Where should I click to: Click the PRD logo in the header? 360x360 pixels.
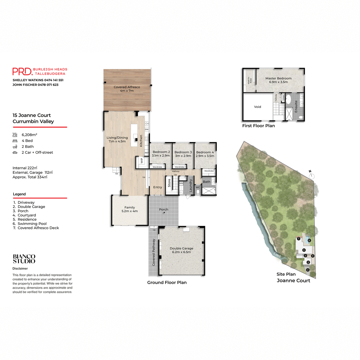click(x=22, y=71)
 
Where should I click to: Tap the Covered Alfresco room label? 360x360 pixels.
click(x=127, y=89)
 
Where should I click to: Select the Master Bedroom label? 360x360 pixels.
click(x=278, y=80)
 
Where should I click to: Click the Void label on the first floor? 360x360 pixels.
click(x=257, y=107)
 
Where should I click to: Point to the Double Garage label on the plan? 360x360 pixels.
click(x=181, y=250)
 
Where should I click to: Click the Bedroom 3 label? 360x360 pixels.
click(x=183, y=154)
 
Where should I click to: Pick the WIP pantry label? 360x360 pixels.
click(x=142, y=161)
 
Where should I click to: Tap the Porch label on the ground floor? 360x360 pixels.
click(x=163, y=209)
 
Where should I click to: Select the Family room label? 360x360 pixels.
click(x=130, y=209)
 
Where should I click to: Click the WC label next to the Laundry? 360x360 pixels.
click(x=198, y=187)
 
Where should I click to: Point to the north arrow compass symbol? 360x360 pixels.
click(x=311, y=175)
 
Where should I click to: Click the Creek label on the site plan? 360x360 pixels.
click(x=277, y=255)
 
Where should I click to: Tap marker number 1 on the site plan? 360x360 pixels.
click(x=308, y=270)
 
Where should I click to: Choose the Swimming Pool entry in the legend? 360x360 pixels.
click(x=32, y=223)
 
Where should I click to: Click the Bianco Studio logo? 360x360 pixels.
click(x=24, y=259)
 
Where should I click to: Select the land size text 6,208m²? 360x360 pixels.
click(x=29, y=135)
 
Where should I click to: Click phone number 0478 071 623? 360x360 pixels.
click(x=48, y=85)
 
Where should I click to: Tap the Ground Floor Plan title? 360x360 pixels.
click(x=167, y=282)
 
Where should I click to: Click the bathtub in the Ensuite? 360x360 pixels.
click(x=288, y=99)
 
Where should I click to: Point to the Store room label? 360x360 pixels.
click(x=169, y=183)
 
